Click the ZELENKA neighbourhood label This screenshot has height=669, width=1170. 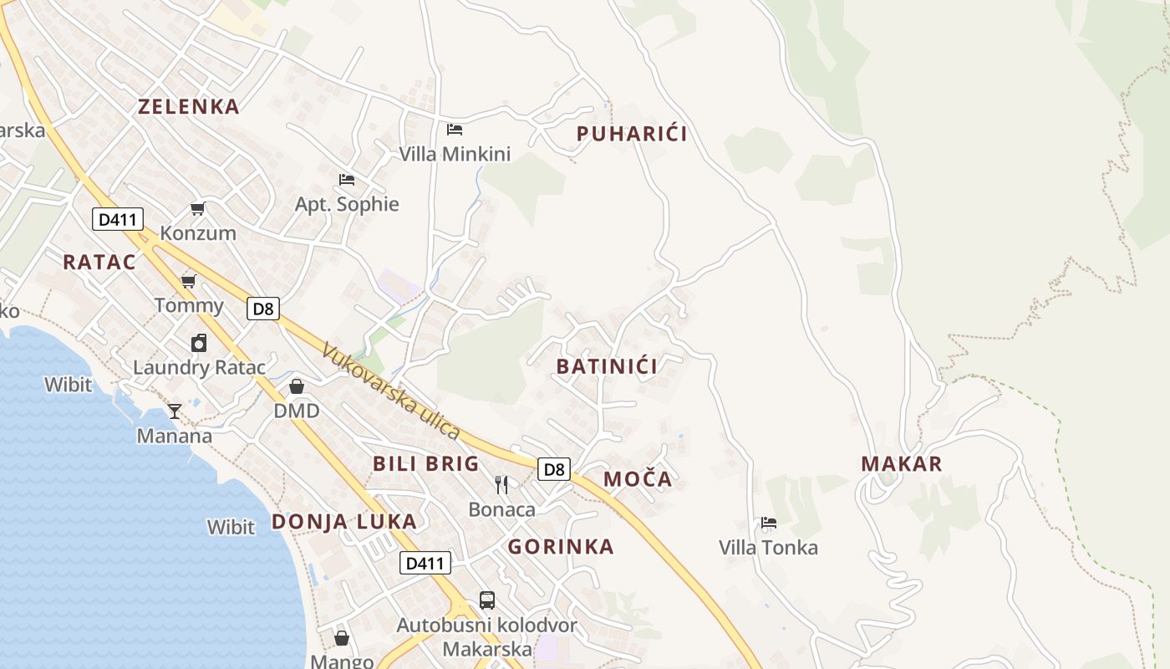(x=189, y=106)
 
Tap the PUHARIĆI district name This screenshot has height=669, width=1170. (x=632, y=134)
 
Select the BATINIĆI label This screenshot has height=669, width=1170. (x=607, y=365)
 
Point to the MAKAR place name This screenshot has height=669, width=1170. (x=902, y=464)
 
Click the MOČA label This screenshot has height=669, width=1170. (x=638, y=479)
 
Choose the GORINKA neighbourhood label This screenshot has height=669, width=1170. (x=561, y=547)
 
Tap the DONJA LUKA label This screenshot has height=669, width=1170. (x=343, y=522)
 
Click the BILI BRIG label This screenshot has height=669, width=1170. (x=426, y=463)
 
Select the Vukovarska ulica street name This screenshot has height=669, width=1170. (x=391, y=391)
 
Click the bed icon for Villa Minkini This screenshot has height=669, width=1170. (x=455, y=129)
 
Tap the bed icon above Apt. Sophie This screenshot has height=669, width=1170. (x=347, y=179)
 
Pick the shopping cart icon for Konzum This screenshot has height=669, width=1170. (x=198, y=208)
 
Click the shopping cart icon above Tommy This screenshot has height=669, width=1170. (x=189, y=281)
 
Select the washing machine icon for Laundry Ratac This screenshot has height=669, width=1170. (x=199, y=342)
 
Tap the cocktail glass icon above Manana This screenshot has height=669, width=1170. (x=175, y=411)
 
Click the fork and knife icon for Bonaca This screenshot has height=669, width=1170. (x=501, y=484)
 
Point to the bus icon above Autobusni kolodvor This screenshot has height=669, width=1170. (x=486, y=600)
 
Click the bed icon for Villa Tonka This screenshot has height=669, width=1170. (x=769, y=523)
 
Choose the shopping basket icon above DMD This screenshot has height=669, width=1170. (x=297, y=386)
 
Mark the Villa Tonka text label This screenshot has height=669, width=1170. (x=768, y=548)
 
